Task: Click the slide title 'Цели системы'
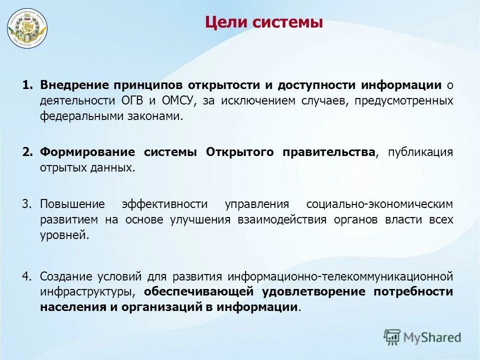[x=264, y=22]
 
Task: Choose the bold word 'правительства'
[x=328, y=152]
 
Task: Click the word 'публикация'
[x=420, y=152]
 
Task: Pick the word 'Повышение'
[x=72, y=204]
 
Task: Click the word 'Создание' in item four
[x=65, y=276]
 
